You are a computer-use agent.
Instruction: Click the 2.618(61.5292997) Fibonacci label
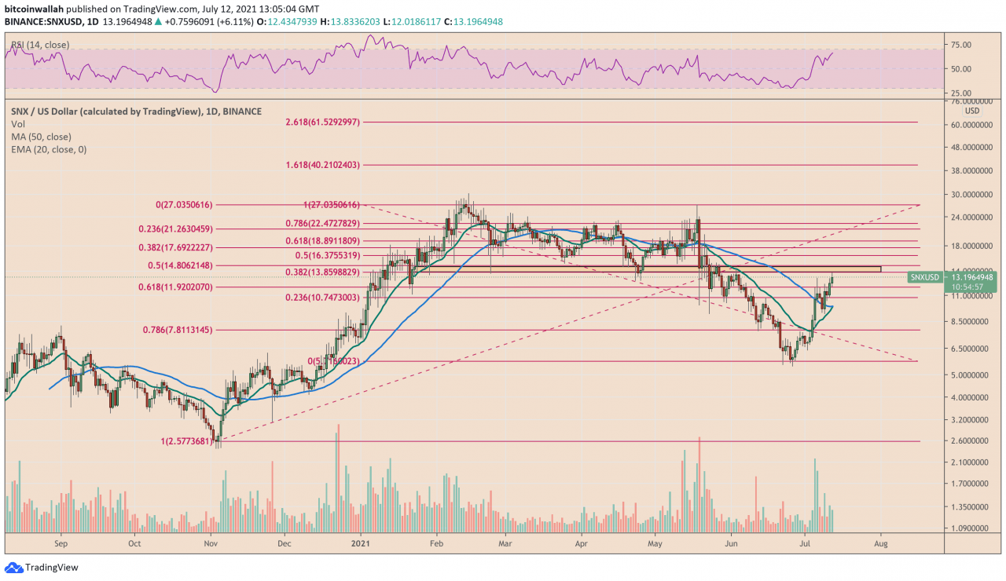(322, 122)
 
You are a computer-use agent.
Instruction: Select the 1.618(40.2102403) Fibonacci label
(322, 165)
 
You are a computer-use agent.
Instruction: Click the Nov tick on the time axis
(211, 542)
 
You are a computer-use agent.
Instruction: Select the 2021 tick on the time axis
(359, 542)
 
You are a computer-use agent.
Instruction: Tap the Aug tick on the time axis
(881, 542)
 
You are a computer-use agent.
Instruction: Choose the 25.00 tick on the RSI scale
(960, 93)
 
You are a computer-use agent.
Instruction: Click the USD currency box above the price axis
(971, 111)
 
